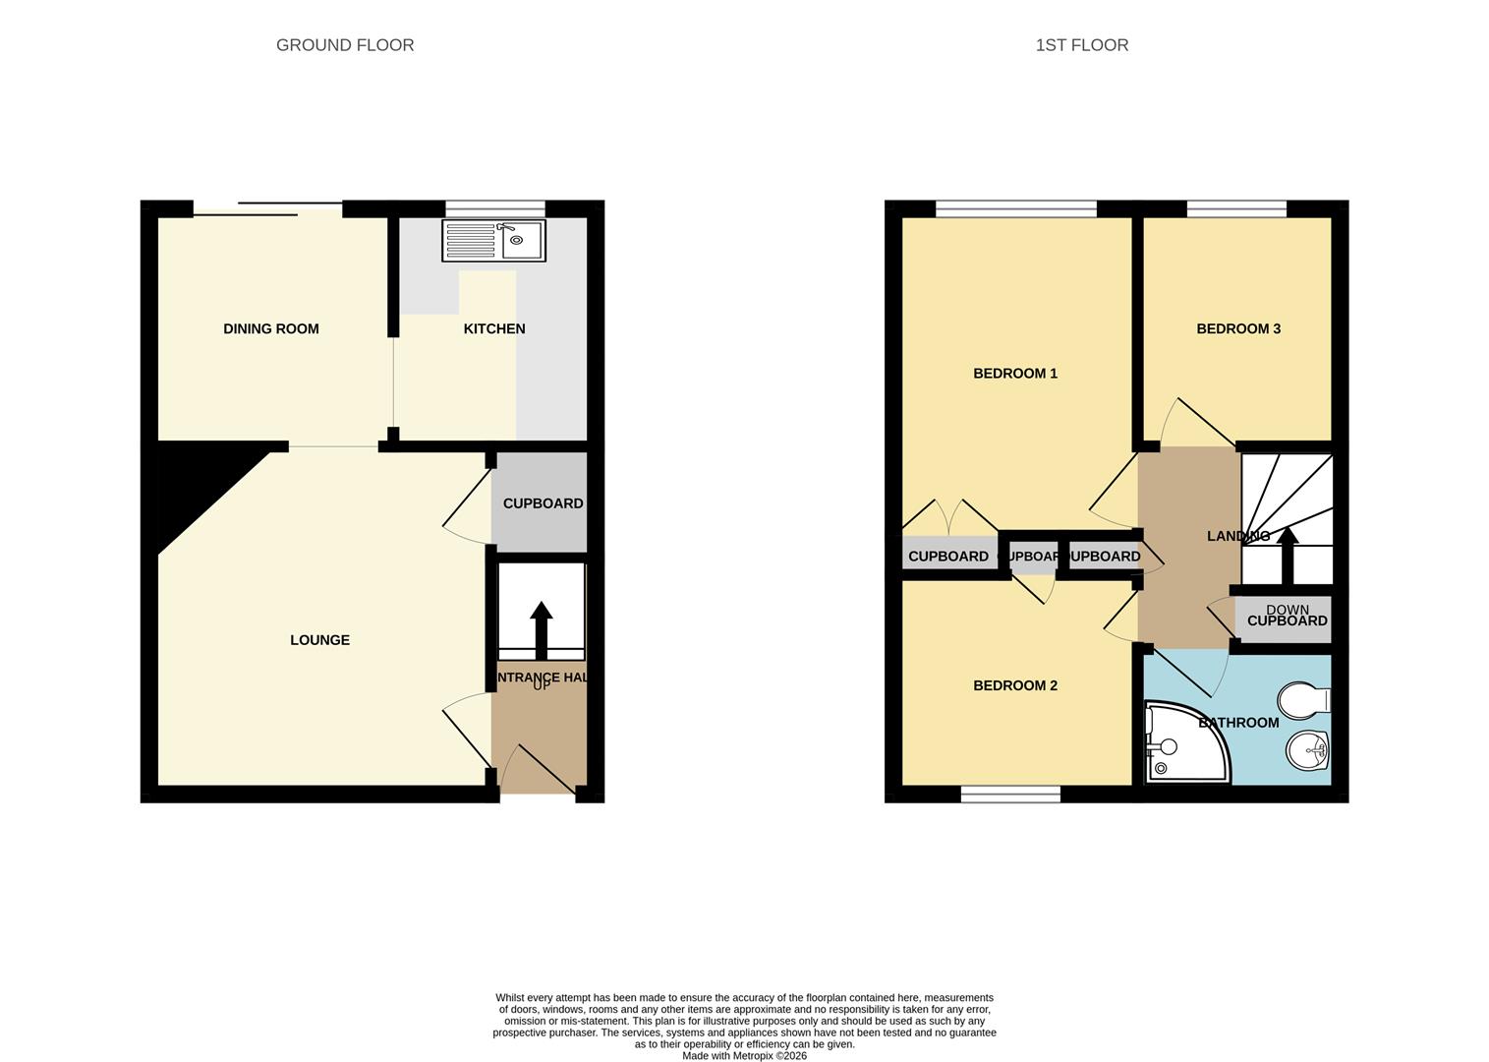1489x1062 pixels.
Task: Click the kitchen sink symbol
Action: [493, 240]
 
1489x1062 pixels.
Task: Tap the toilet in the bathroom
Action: [1303, 701]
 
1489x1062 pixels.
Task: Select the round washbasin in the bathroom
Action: [1307, 751]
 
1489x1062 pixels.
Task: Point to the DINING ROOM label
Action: [271, 329]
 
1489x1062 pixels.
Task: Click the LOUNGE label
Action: [319, 640]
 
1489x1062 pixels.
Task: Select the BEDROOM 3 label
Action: [1237, 329]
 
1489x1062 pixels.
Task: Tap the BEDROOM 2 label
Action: [1014, 685]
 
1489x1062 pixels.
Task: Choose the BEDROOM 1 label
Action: [1014, 374]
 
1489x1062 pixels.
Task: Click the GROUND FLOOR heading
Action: [345, 45]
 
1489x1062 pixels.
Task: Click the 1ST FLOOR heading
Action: [1081, 45]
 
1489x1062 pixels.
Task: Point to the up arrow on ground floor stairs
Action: [541, 629]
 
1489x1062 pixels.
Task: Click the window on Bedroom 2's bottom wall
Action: [1010, 795]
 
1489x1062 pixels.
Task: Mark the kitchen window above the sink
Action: [495, 208]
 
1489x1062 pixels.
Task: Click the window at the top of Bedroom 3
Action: [1236, 208]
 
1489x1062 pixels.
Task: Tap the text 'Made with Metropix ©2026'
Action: [744, 1056]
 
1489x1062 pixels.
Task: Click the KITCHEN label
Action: [494, 329]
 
